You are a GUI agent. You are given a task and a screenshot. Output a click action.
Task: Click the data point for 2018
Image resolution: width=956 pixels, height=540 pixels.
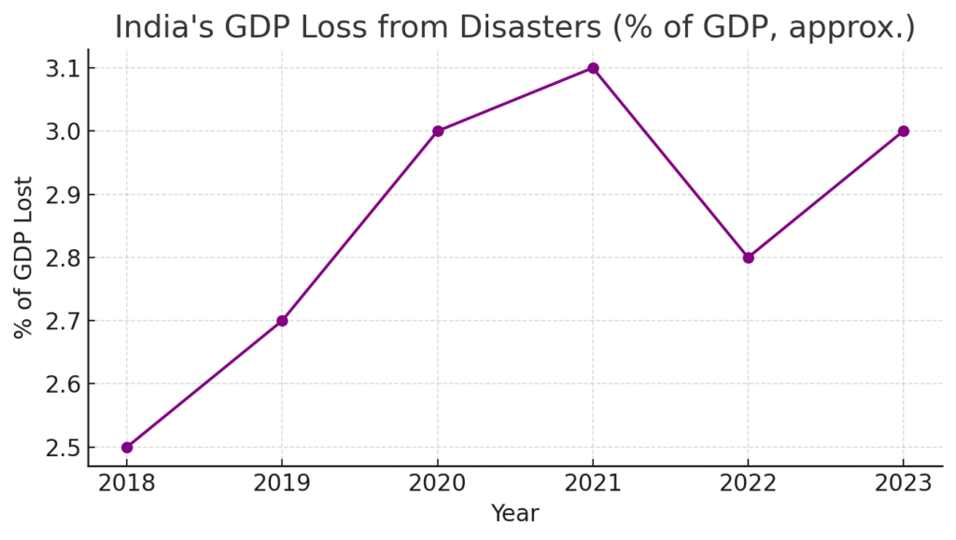coord(127,448)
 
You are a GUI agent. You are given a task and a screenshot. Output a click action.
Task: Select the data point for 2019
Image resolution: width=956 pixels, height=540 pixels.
coord(282,321)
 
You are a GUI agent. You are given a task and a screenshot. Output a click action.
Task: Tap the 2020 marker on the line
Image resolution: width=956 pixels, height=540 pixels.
coord(438,132)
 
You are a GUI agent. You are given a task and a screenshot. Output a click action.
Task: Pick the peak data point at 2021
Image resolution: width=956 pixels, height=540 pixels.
coord(593,68)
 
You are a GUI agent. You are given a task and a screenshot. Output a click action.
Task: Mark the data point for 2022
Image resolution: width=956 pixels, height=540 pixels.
coord(748,257)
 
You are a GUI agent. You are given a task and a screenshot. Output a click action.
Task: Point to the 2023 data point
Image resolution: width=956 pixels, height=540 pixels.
coord(903,132)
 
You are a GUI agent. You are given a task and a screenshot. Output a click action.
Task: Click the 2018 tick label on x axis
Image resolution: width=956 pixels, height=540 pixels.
coord(127,483)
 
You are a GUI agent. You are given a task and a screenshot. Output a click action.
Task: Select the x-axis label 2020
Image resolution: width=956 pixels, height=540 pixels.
coord(438,483)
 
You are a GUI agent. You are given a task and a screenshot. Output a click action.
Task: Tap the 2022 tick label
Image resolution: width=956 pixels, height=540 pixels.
coord(748,483)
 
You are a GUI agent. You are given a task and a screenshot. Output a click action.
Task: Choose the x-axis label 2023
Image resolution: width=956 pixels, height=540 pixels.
coord(903,483)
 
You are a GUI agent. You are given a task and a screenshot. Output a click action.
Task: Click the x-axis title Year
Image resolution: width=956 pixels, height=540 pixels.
coord(514,514)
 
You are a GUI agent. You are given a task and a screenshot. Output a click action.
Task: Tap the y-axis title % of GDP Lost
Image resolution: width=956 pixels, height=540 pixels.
coord(23,257)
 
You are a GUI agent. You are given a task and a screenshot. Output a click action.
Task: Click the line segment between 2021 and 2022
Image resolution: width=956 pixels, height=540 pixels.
coord(670,163)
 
